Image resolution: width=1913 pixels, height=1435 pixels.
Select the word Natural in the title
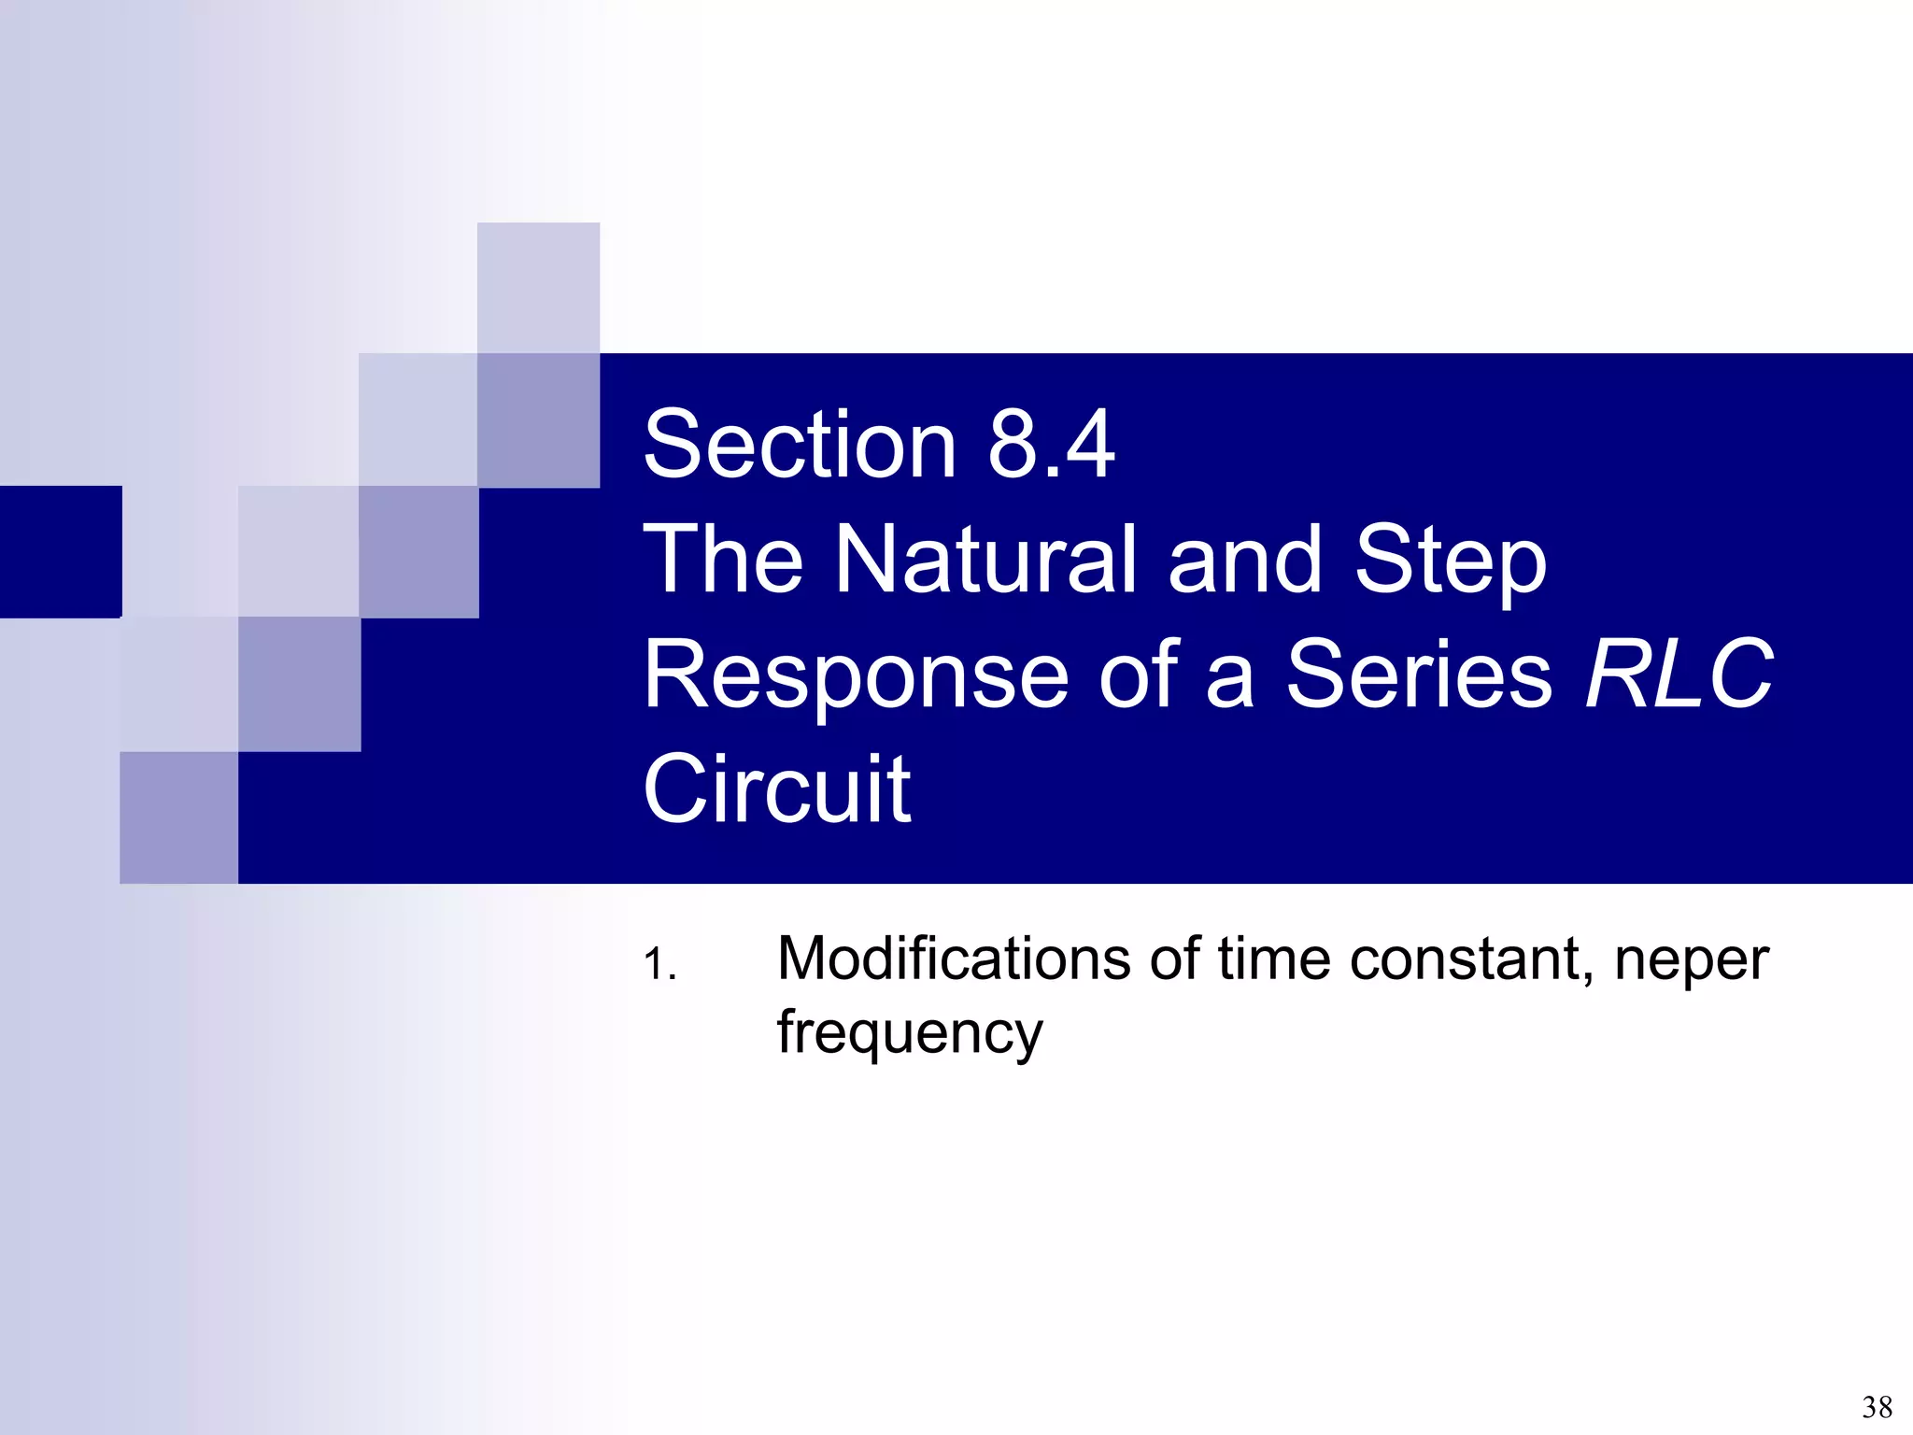[x=985, y=560]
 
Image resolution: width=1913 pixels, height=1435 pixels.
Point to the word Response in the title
[x=856, y=675]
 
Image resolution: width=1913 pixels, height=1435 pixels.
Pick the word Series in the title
[x=1418, y=675]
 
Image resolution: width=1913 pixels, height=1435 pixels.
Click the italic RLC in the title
[x=1679, y=675]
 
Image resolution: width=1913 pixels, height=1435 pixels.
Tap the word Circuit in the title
[x=777, y=789]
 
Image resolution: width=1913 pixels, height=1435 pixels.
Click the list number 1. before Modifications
[x=659, y=964]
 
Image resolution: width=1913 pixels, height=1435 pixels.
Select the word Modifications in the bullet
[x=954, y=959]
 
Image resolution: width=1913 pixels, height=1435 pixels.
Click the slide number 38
[x=1877, y=1407]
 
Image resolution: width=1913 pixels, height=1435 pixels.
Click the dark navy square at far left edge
[x=60, y=551]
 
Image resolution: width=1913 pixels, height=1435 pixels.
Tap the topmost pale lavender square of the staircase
[x=538, y=287]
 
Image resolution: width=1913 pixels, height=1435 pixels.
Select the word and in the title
[x=1244, y=560]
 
